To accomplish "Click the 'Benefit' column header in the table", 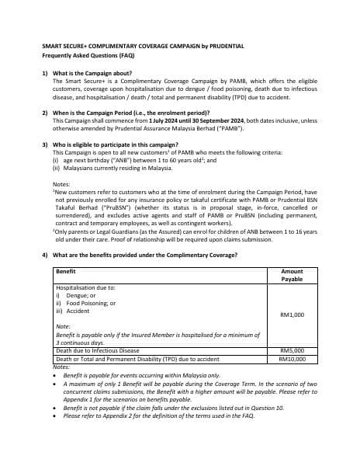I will coord(67,272).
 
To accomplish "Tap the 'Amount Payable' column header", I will coord(292,276).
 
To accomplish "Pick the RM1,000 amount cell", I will coord(292,315).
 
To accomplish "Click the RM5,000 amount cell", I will coord(292,351).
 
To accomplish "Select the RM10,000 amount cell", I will coord(292,359).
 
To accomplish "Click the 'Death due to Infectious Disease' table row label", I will coord(98,351).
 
